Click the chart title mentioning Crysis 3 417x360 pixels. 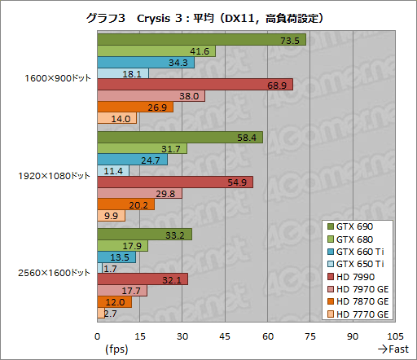209,17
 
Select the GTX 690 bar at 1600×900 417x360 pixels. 201,40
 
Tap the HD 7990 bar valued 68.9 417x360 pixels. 195,85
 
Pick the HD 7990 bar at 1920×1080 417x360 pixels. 175,182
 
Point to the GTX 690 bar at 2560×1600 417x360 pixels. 144,235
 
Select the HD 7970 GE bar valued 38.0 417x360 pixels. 151,96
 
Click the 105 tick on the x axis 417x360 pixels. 395,336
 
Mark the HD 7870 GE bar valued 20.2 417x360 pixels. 125,204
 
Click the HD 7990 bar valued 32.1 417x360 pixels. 143,279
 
